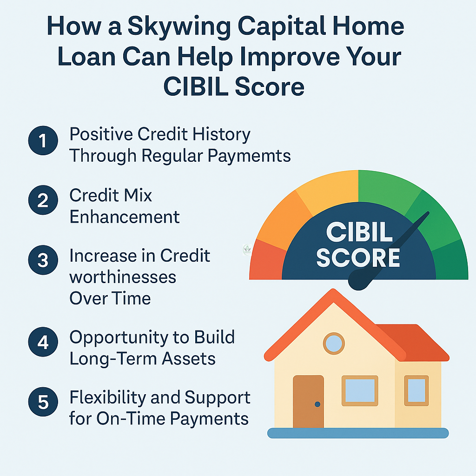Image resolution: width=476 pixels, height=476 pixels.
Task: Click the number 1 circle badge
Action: point(43,140)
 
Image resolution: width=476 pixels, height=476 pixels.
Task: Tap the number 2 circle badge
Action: point(43,200)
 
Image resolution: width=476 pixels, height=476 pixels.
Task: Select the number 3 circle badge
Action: point(43,260)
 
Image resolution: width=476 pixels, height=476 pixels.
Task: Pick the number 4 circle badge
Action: point(43,342)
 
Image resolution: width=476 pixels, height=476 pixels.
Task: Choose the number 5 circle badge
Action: point(43,402)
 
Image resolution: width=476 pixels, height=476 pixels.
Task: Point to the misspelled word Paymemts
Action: point(249,157)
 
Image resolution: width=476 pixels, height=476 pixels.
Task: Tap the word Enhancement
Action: point(125,217)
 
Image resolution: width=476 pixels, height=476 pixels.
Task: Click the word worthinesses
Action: point(123,277)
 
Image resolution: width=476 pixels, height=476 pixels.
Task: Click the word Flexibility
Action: point(107,398)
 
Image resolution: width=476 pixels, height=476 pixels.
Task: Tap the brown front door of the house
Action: point(309,402)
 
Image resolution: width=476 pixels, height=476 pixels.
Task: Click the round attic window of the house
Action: point(334,344)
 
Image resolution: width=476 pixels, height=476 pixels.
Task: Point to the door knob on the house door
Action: point(317,404)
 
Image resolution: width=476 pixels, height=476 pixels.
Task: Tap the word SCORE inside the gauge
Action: point(358,258)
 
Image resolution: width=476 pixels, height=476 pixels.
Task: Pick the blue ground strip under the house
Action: point(358,433)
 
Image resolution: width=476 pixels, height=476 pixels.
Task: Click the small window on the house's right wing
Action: point(416,390)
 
